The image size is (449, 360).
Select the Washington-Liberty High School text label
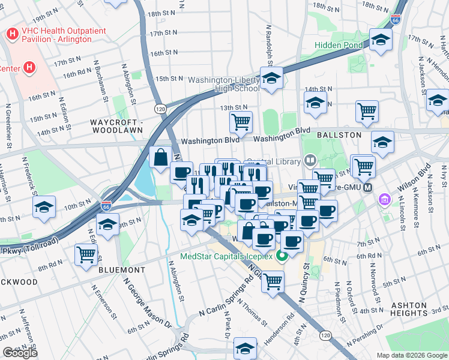click(223, 85)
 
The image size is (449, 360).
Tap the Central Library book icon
click(310, 160)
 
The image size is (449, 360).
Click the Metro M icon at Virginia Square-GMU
click(367, 187)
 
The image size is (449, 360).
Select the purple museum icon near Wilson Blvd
click(384, 200)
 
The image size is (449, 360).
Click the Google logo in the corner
click(20, 353)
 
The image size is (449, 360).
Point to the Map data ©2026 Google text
click(412, 355)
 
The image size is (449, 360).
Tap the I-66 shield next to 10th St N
click(106, 206)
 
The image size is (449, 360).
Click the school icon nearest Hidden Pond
click(380, 40)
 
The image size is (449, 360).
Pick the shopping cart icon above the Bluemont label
click(86, 254)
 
